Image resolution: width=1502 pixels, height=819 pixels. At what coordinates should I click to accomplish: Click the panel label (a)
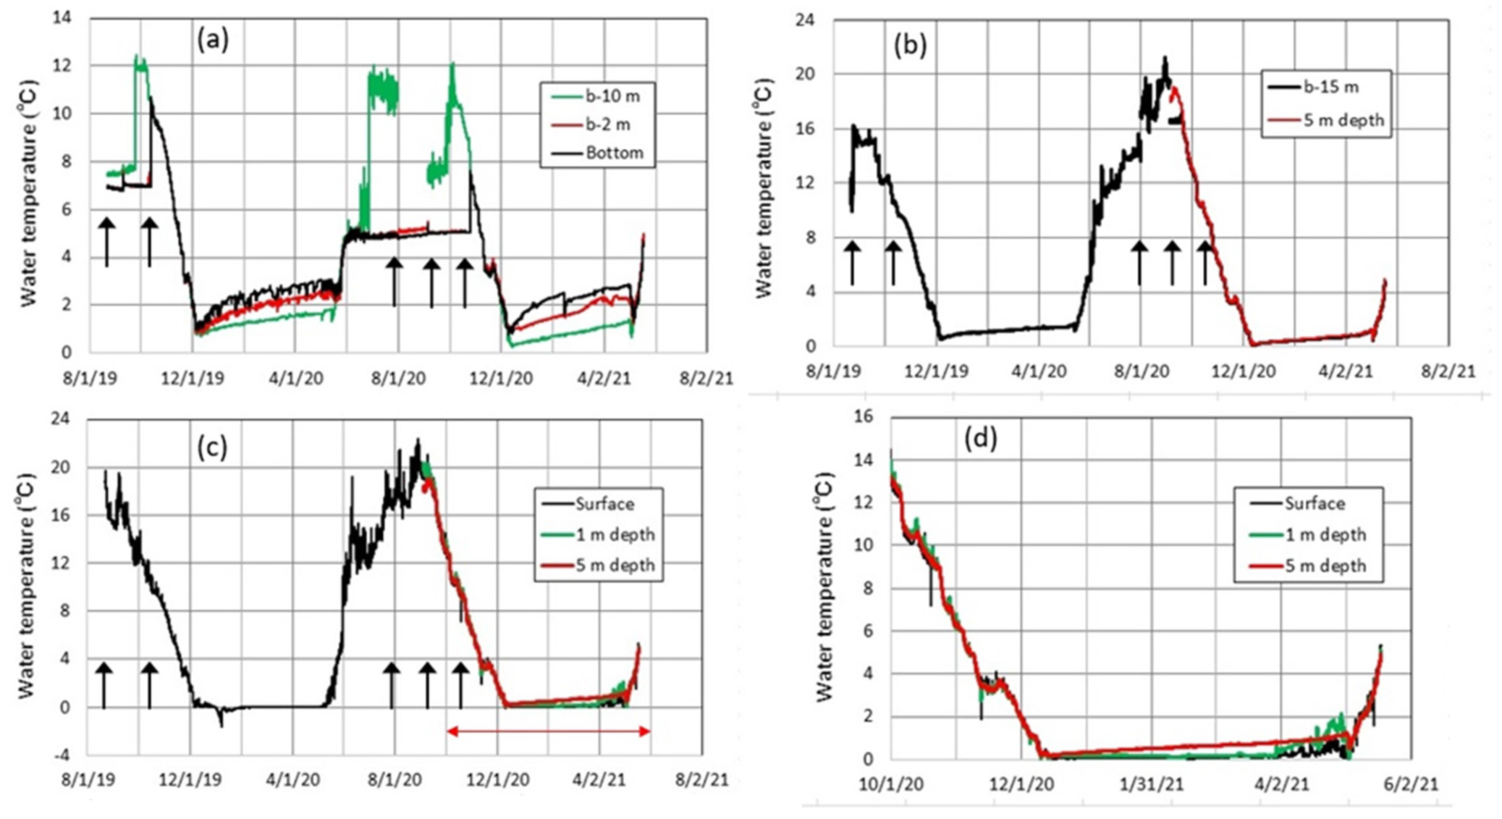pyautogui.click(x=213, y=41)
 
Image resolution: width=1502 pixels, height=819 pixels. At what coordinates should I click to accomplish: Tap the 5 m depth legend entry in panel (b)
pyautogui.click(x=1342, y=120)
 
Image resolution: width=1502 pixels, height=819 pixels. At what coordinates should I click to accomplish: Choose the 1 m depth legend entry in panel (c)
pyautogui.click(x=614, y=535)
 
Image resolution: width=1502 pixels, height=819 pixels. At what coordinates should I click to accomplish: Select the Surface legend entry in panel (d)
pyautogui.click(x=1314, y=504)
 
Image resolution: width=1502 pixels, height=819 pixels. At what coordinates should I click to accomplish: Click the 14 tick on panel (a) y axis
pyautogui.click(x=62, y=18)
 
